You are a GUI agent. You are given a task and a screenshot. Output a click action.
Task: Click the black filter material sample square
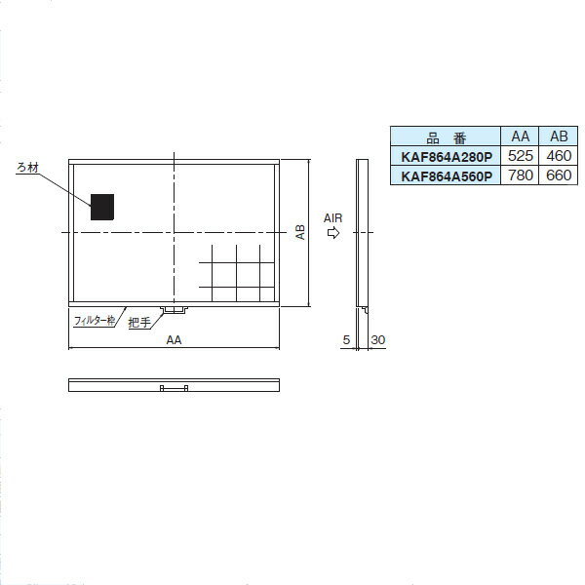point(102,207)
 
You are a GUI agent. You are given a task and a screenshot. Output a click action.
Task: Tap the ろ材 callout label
point(27,168)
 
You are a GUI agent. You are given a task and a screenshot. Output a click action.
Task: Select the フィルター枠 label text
point(95,321)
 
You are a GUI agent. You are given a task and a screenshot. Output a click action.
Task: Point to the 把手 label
point(139,322)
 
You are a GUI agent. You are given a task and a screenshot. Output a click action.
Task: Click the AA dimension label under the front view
point(174,340)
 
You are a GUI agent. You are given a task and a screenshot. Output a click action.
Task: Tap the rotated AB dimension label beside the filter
point(300,232)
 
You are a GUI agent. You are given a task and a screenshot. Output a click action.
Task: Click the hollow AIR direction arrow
point(333,233)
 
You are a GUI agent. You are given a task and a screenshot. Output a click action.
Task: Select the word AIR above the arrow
point(332,217)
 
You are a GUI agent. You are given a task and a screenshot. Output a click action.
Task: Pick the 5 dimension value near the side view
point(346,340)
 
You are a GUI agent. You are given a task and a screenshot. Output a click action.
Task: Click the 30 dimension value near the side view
point(378,340)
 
